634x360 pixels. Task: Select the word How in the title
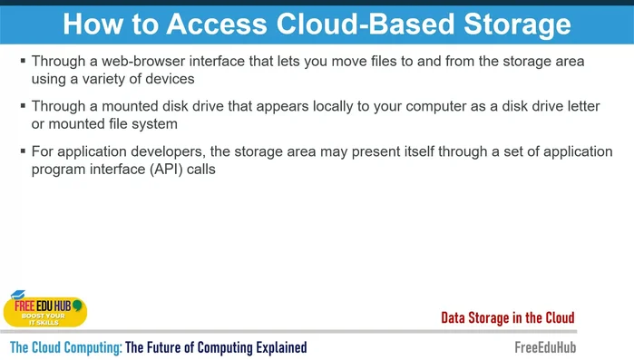pyautogui.click(x=93, y=24)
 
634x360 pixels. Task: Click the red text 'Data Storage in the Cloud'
pyautogui.click(x=507, y=317)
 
